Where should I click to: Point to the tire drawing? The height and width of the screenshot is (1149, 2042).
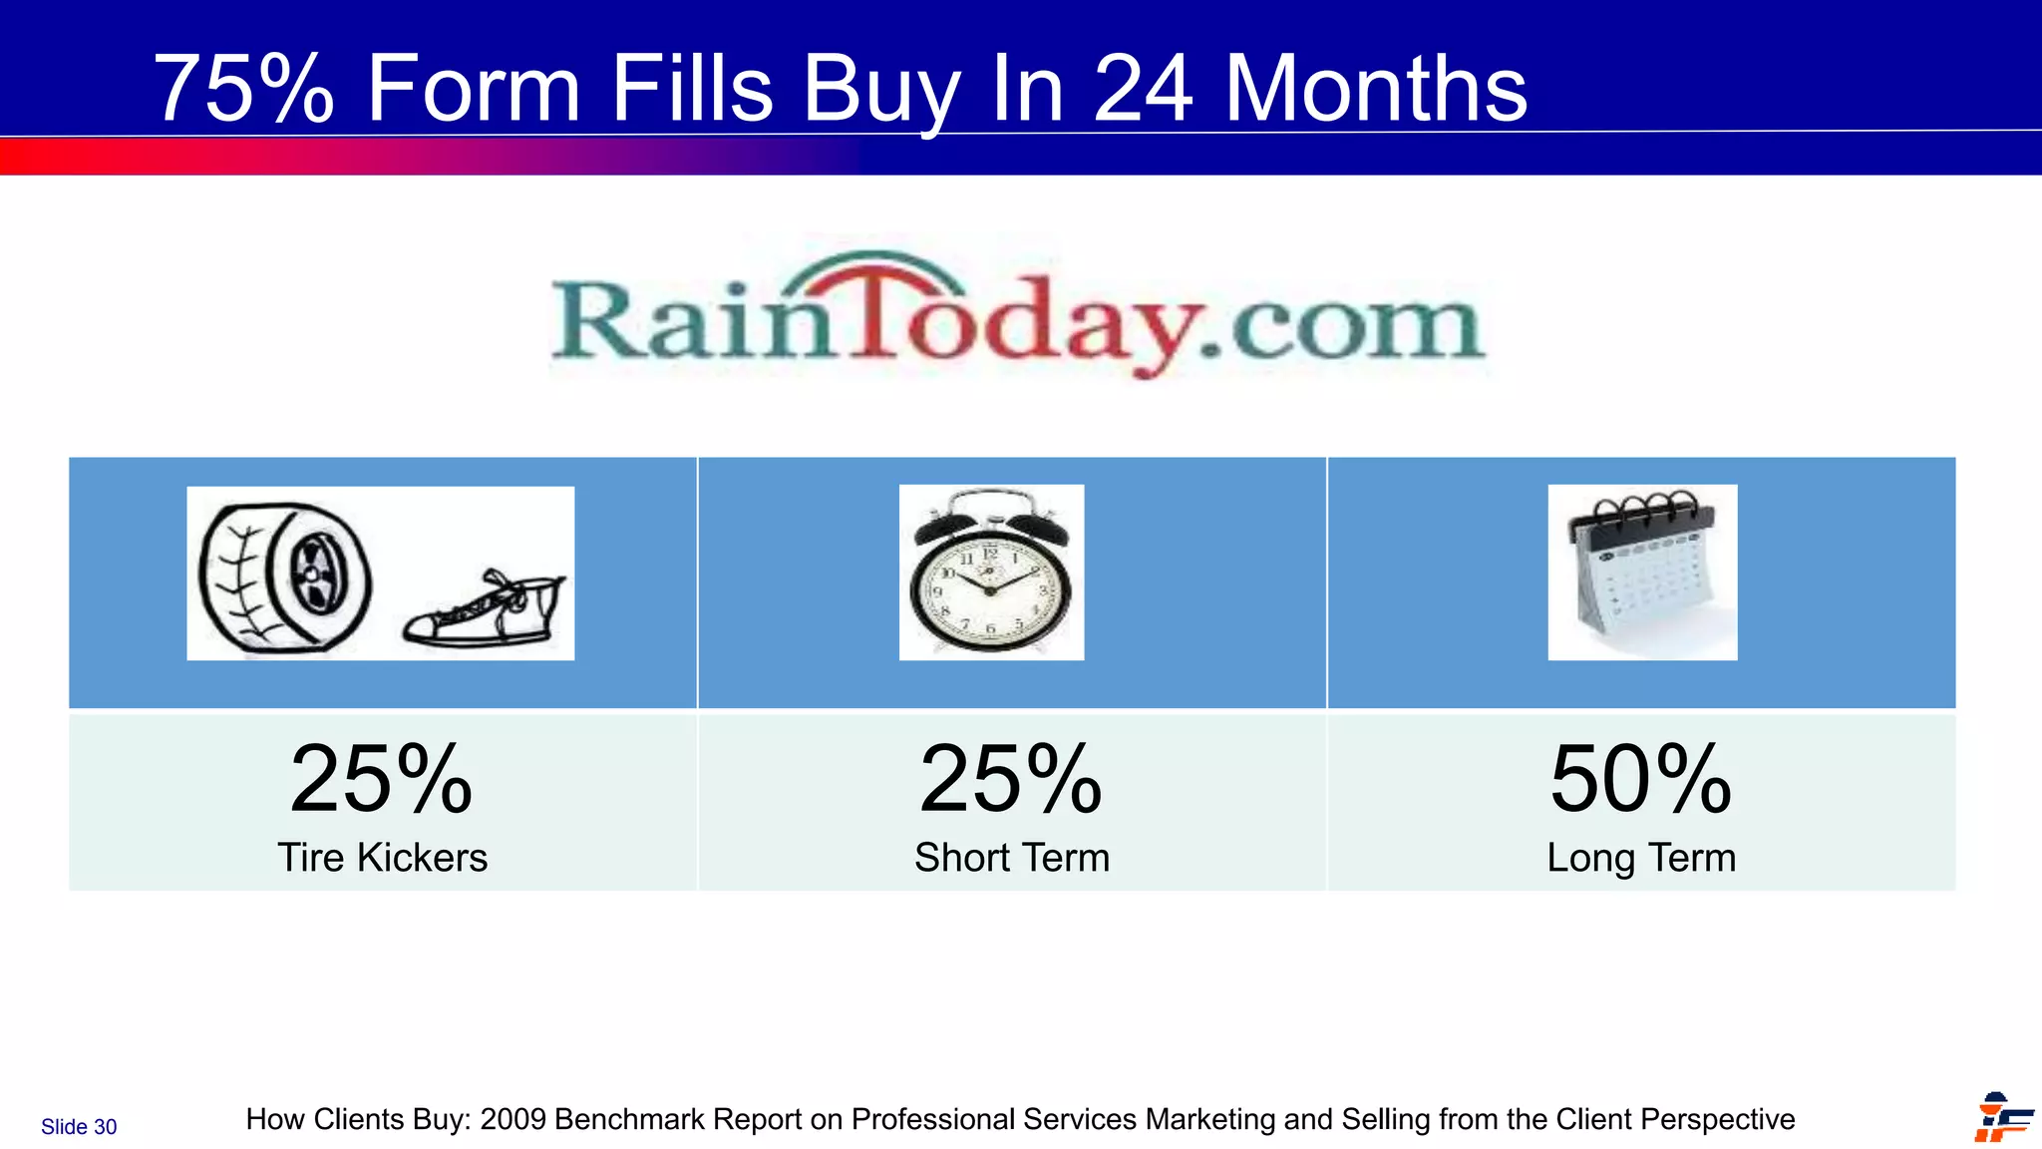pyautogui.click(x=285, y=577)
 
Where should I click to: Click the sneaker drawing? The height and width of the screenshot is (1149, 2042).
pyautogui.click(x=485, y=610)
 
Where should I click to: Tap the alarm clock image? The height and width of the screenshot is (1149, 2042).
pyautogui.click(x=990, y=573)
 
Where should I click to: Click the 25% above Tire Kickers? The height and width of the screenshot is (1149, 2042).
pyautogui.click(x=381, y=779)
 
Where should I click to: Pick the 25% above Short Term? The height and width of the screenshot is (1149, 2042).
pyautogui.click(x=1011, y=779)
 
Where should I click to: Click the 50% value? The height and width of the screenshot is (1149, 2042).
pyautogui.click(x=1641, y=779)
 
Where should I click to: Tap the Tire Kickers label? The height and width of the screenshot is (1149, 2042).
pyautogui.click(x=382, y=858)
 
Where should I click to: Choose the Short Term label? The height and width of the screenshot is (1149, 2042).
pyautogui.click(x=1011, y=858)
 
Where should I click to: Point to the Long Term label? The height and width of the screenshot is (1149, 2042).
pyautogui.click(x=1641, y=858)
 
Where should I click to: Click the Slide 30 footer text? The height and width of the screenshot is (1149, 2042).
pyautogui.click(x=79, y=1127)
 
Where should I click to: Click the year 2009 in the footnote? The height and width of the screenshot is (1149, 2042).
pyautogui.click(x=512, y=1120)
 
